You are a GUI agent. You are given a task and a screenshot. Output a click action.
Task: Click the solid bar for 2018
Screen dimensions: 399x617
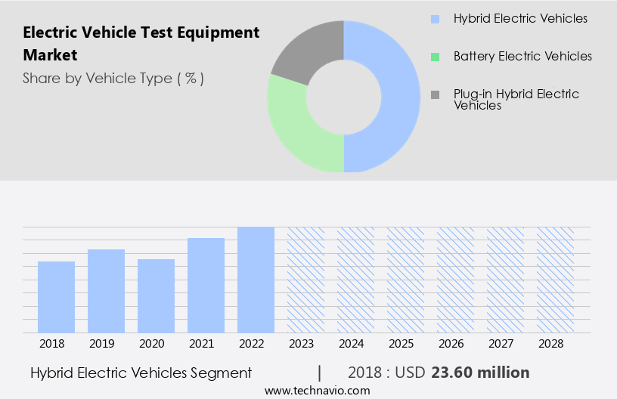click(x=56, y=297)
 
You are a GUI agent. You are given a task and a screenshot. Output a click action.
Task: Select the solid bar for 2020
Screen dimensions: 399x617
click(x=156, y=295)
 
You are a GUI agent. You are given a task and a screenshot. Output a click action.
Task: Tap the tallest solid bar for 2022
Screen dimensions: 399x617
click(x=256, y=280)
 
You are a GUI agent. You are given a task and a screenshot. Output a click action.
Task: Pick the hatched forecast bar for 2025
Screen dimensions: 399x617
click(x=405, y=280)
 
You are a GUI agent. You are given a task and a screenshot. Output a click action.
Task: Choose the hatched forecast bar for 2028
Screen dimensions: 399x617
click(x=555, y=280)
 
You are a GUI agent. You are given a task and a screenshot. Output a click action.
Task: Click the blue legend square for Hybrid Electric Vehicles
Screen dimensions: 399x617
click(x=435, y=18)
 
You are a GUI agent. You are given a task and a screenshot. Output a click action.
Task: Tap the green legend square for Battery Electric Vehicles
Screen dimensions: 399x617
click(x=435, y=57)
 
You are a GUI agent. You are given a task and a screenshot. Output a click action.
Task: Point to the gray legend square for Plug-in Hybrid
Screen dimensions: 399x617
click(x=435, y=94)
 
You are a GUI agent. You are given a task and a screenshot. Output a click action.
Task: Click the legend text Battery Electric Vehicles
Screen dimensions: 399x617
click(x=522, y=57)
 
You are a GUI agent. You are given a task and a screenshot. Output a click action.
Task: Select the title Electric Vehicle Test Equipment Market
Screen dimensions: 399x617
click(x=141, y=43)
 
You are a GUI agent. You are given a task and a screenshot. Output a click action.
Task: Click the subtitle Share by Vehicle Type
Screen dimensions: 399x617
click(x=113, y=78)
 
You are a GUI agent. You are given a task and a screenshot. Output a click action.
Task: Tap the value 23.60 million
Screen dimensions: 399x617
click(x=480, y=373)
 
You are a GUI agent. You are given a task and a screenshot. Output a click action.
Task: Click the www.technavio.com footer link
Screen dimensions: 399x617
click(x=318, y=391)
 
